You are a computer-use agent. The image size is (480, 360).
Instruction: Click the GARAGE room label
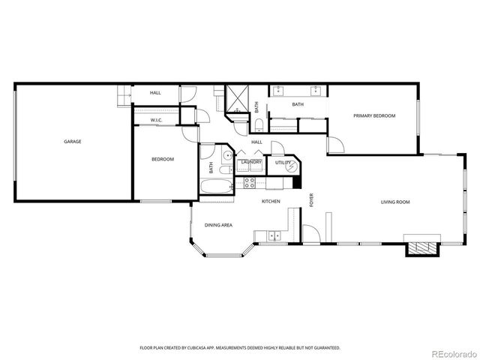point(73,142)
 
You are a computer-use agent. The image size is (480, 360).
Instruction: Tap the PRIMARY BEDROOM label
point(374,115)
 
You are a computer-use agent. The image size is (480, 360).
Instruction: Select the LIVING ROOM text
point(395,202)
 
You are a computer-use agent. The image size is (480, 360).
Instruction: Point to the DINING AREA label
point(218,225)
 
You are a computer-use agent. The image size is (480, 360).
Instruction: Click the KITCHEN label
point(271,202)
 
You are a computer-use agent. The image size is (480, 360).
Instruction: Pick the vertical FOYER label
point(311,200)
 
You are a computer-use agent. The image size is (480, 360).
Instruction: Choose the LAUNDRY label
point(251,162)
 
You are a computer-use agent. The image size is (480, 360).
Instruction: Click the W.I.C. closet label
point(157,120)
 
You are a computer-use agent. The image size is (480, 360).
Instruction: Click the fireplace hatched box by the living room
point(421,248)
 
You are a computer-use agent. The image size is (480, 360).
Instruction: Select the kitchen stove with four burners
point(250,182)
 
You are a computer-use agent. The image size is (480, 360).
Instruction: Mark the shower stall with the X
point(238,97)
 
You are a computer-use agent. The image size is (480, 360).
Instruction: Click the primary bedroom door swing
point(335,145)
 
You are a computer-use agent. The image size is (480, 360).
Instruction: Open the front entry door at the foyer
point(311,235)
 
